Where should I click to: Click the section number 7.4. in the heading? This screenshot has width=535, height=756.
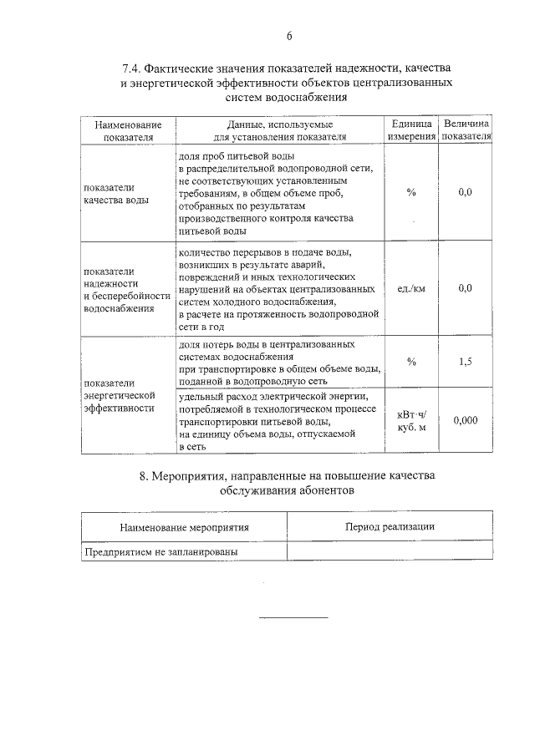point(135,69)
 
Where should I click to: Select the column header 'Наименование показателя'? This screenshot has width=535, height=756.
point(128,130)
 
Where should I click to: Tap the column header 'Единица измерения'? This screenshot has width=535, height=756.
point(411,130)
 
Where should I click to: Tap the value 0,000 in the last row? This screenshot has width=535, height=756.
point(466,421)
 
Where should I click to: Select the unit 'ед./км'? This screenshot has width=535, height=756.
point(411,288)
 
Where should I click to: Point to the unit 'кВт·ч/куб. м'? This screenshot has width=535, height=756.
point(411,421)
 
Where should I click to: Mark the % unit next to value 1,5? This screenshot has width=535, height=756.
point(411,362)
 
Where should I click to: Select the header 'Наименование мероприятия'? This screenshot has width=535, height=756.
point(184,528)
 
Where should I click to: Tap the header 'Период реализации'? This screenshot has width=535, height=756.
point(390,526)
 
